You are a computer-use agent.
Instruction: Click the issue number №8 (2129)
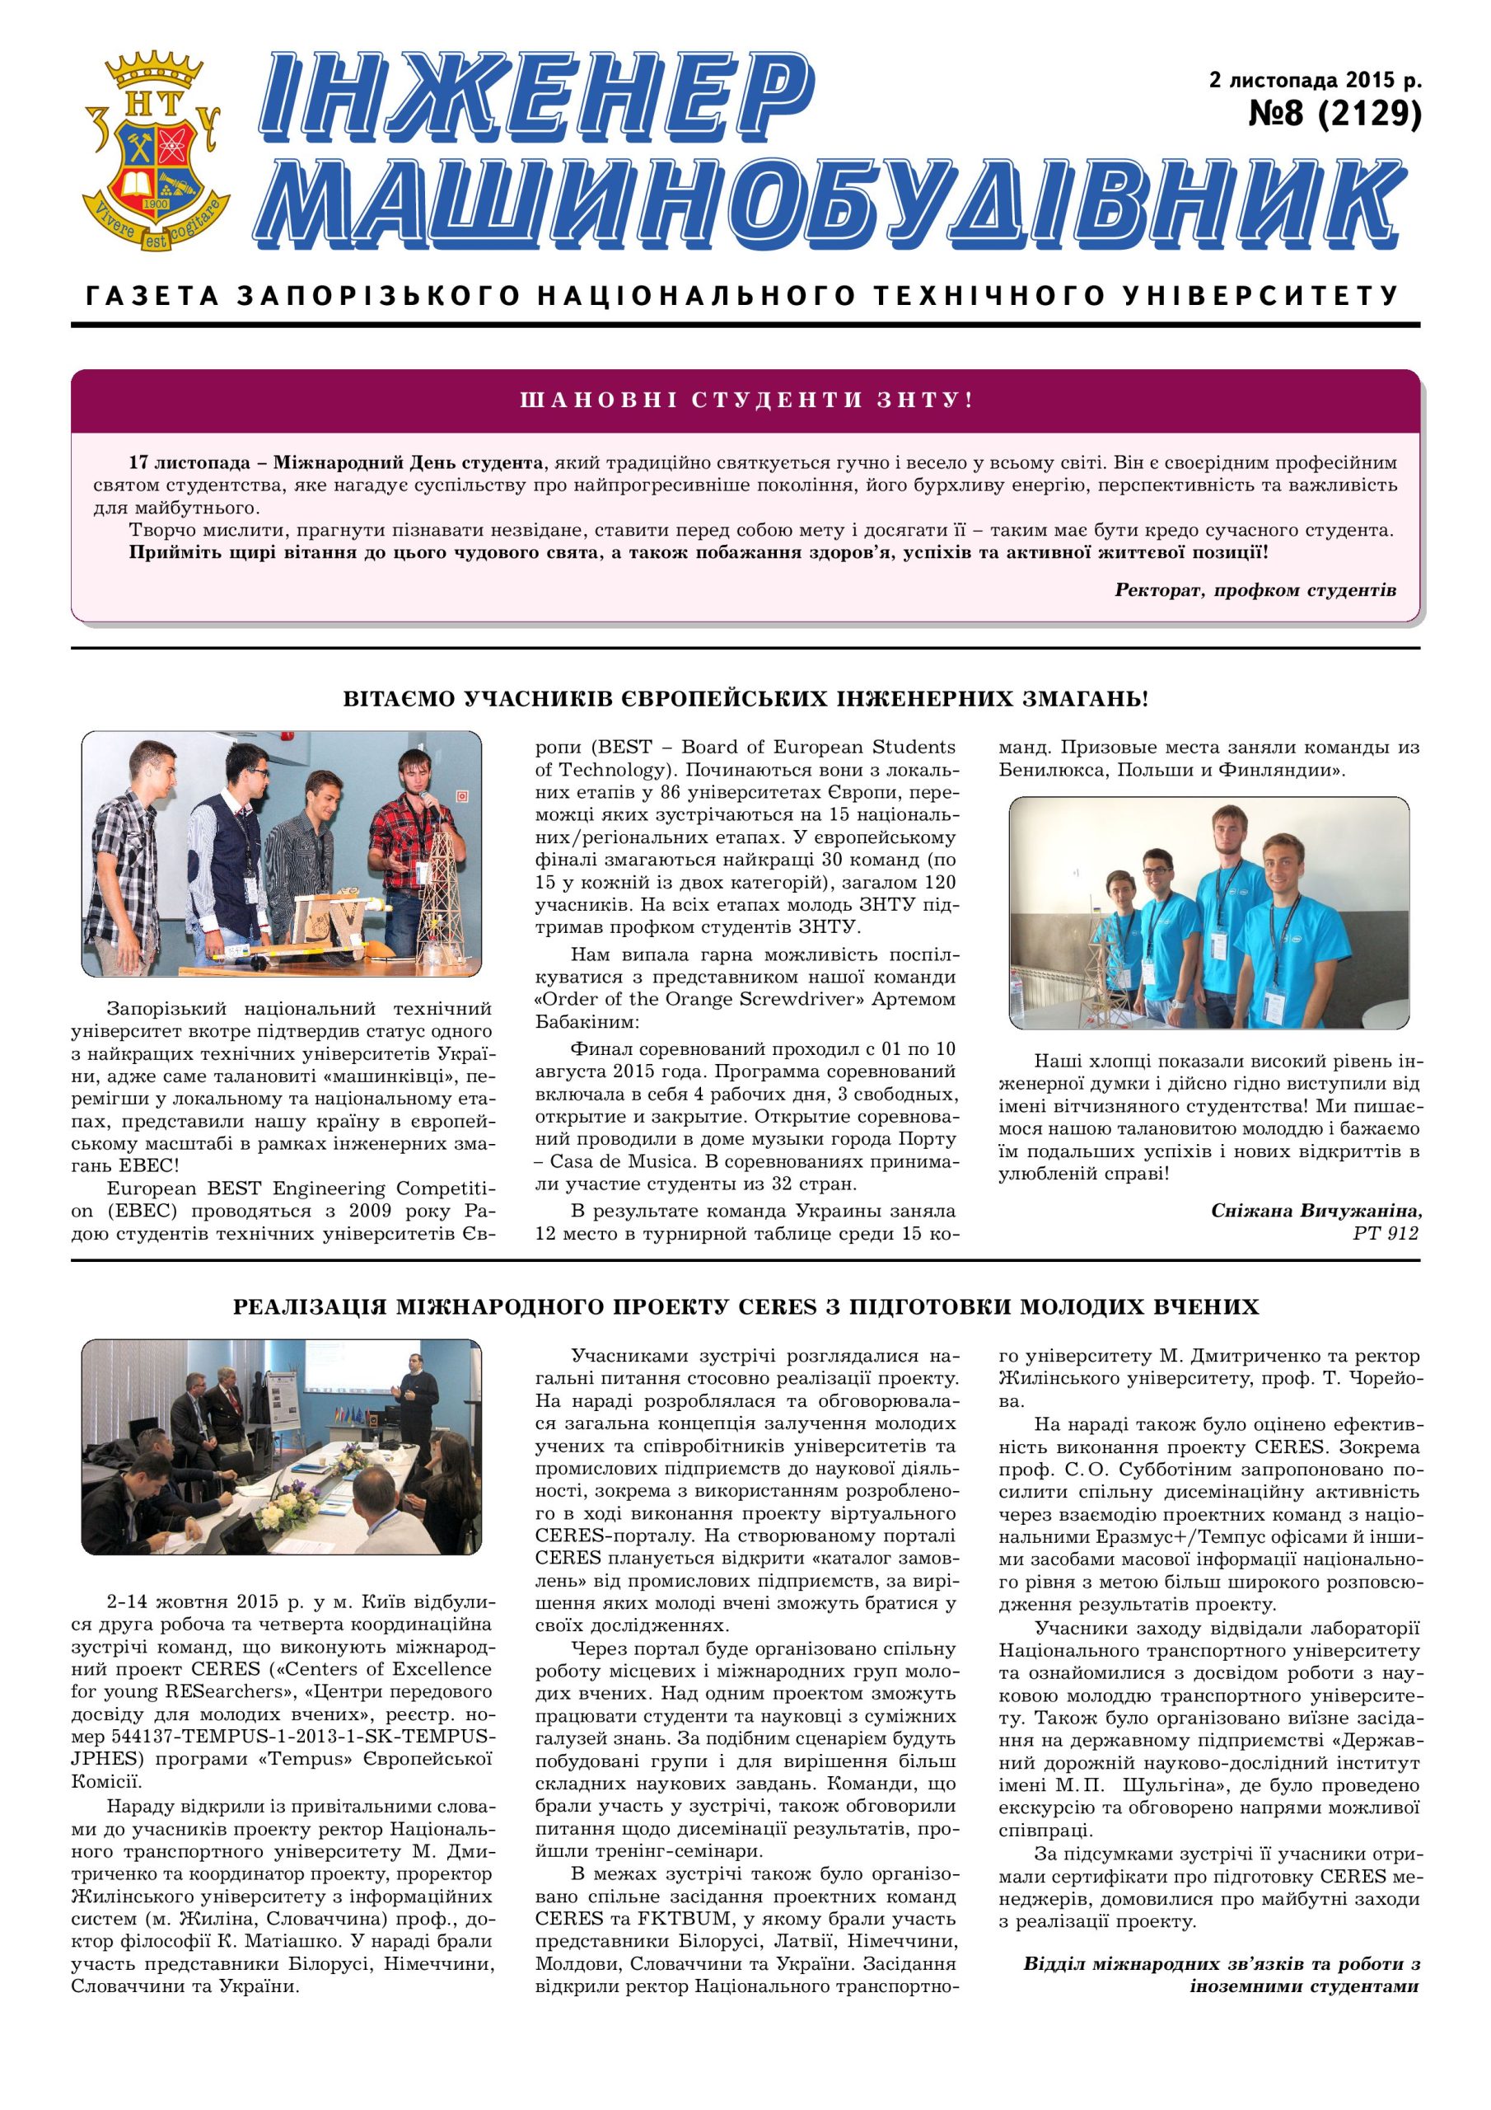click(1334, 114)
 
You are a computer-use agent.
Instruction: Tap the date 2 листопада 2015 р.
click(1315, 80)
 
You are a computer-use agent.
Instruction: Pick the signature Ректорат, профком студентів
click(1255, 590)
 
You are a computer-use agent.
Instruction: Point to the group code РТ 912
click(1386, 1233)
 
